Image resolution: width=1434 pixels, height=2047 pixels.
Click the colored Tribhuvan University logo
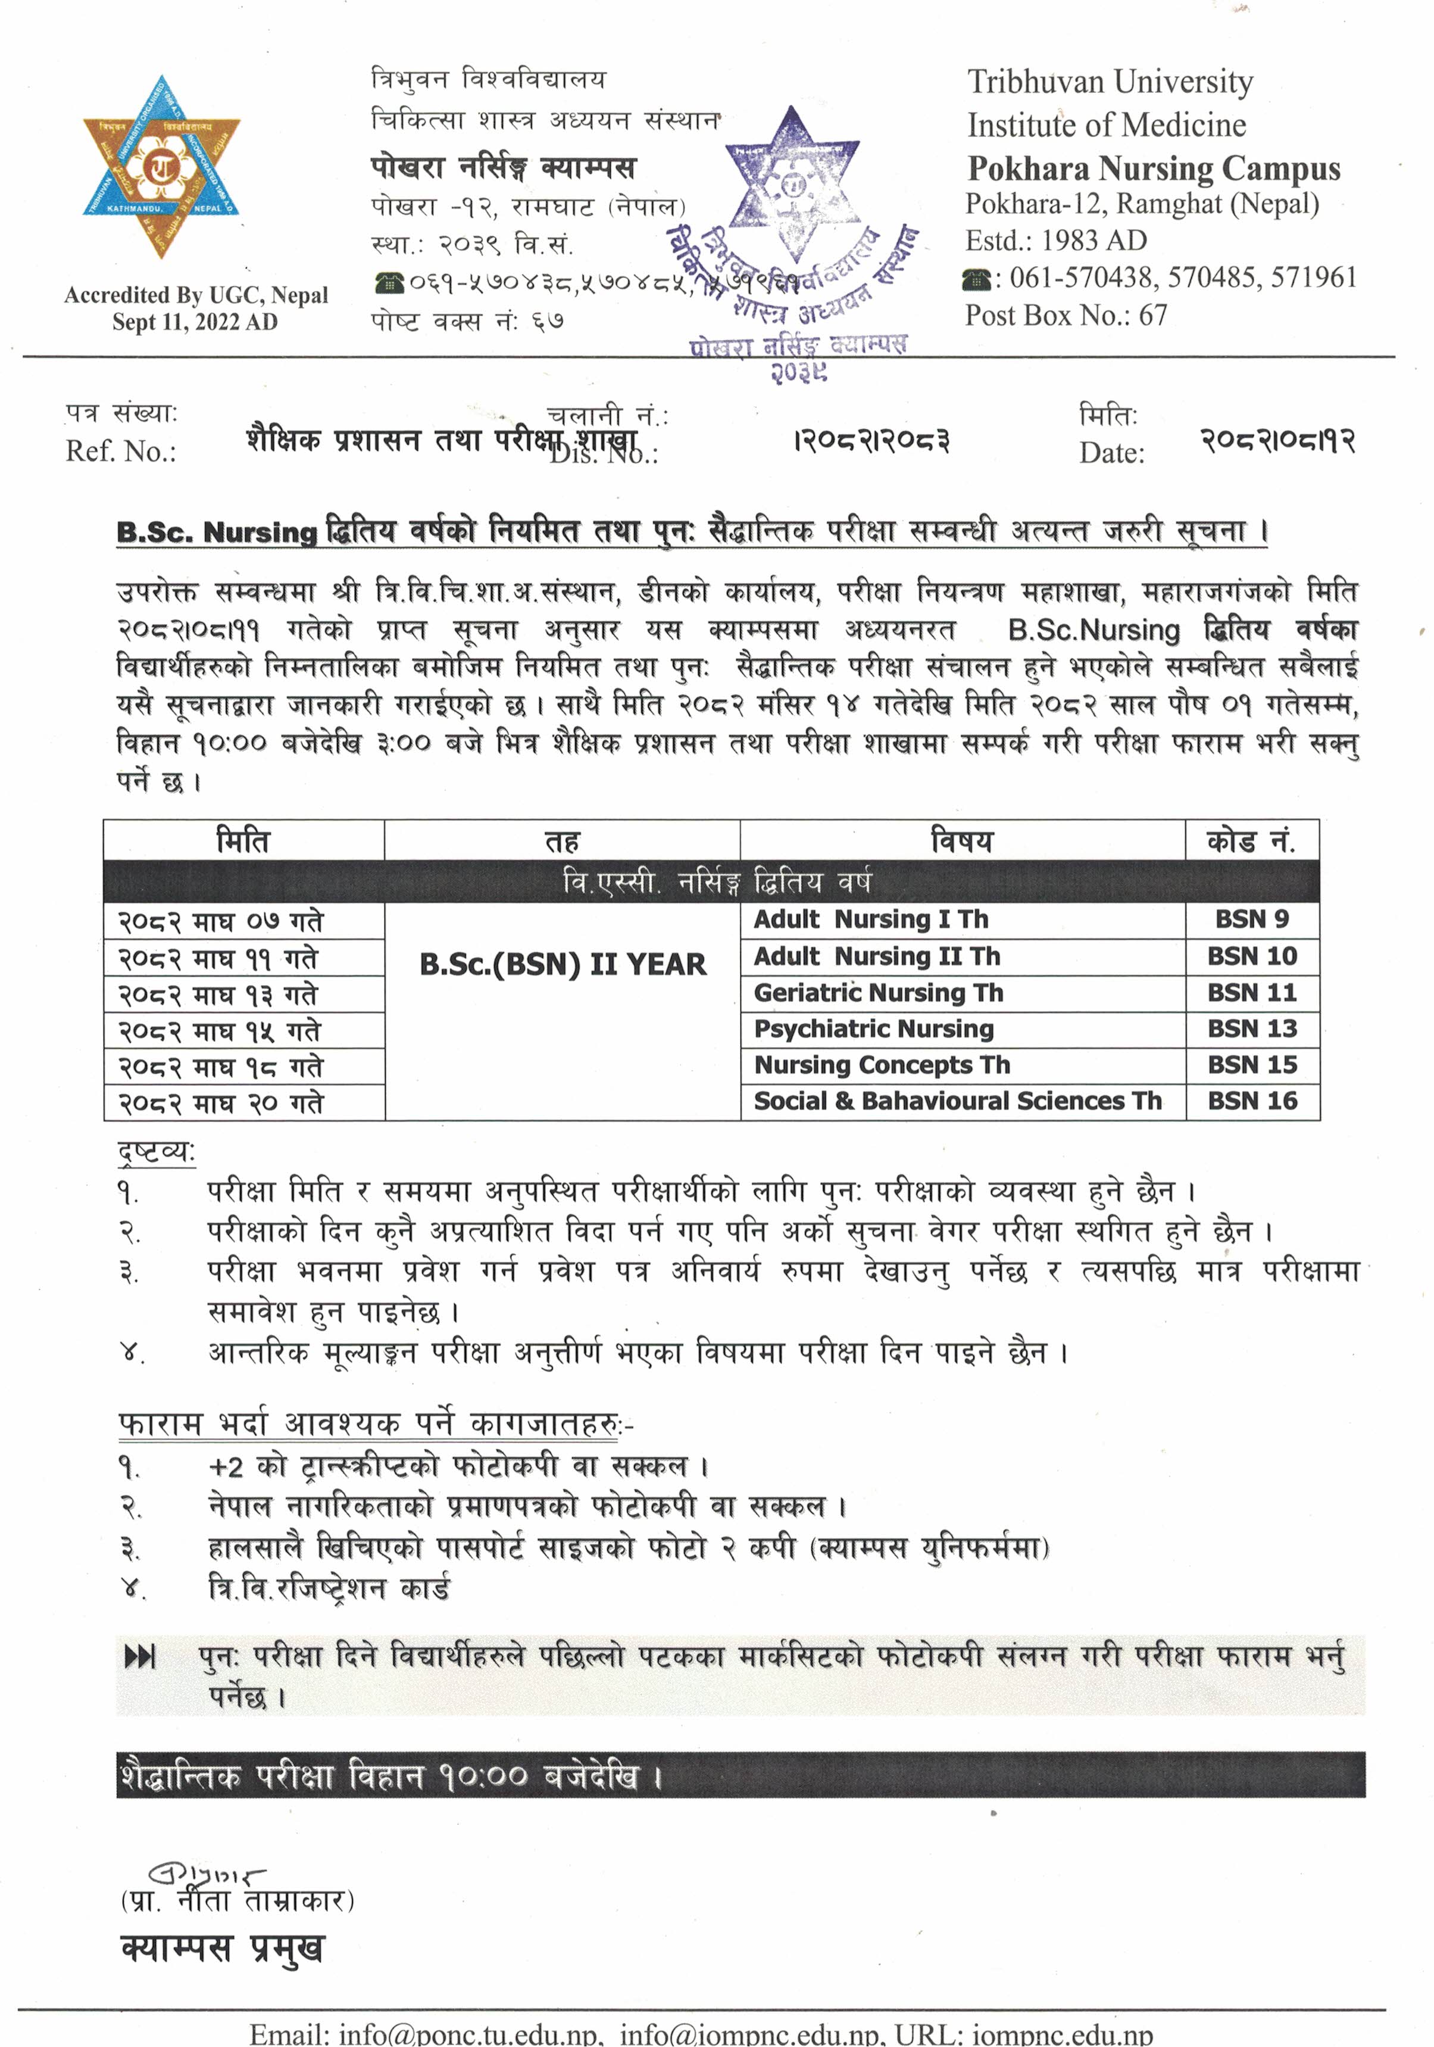point(161,167)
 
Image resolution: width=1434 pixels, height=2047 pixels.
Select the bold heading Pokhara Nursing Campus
point(1153,169)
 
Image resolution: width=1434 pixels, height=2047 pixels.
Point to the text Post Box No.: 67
point(1066,314)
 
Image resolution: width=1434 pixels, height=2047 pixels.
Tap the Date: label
point(1111,453)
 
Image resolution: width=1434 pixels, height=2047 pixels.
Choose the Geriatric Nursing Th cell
point(879,992)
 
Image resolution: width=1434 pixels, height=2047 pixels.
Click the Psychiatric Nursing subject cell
point(873,1029)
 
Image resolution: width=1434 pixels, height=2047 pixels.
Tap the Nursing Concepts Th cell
point(882,1064)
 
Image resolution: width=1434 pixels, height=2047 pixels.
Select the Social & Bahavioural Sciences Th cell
point(958,1101)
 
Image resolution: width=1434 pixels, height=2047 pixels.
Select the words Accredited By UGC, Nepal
point(196,295)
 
